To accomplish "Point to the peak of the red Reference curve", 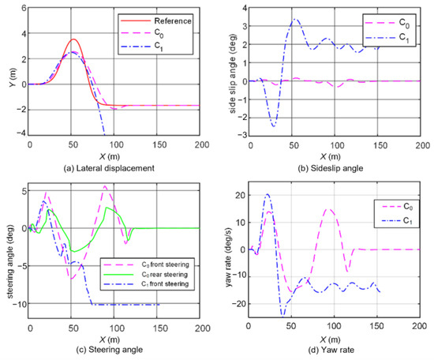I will pyautogui.click(x=73, y=39).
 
